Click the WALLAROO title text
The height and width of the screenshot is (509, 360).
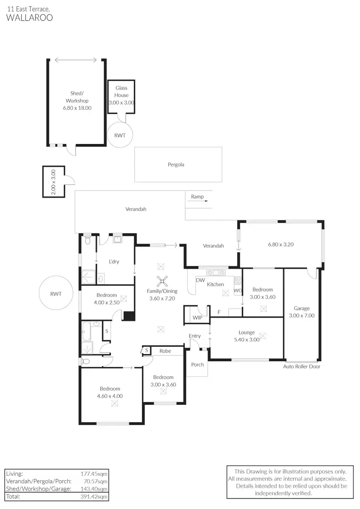click(x=29, y=17)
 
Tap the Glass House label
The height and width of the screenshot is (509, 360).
click(x=121, y=92)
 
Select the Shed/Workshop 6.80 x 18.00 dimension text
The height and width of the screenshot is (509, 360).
click(x=77, y=108)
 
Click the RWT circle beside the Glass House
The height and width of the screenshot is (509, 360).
click(x=120, y=135)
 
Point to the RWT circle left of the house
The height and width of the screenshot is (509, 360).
click(x=56, y=294)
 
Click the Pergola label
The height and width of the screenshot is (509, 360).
click(x=176, y=165)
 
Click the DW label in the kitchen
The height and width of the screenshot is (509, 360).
click(x=201, y=280)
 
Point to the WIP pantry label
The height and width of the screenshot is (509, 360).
click(x=197, y=318)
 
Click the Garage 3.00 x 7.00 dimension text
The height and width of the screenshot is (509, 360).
click(x=301, y=315)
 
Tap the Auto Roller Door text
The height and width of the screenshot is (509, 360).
click(x=301, y=367)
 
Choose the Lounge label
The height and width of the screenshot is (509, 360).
click(x=247, y=332)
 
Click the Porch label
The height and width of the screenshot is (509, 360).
click(x=197, y=365)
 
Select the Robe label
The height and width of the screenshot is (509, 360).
click(x=165, y=351)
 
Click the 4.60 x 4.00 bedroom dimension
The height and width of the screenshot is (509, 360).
click(x=110, y=396)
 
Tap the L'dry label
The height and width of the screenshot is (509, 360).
click(x=114, y=261)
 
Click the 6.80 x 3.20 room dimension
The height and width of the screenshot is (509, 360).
click(x=281, y=244)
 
